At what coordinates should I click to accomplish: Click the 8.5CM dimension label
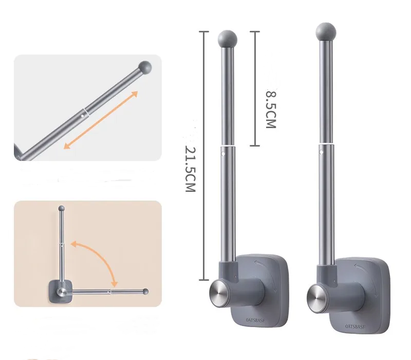[x=271, y=109]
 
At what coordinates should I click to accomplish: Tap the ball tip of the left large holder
[x=227, y=39]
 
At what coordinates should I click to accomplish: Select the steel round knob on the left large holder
[x=220, y=293]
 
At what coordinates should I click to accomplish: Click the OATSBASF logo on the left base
[x=255, y=320]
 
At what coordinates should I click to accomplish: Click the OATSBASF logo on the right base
[x=355, y=327]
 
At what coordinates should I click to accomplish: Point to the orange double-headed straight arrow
[x=101, y=120]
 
